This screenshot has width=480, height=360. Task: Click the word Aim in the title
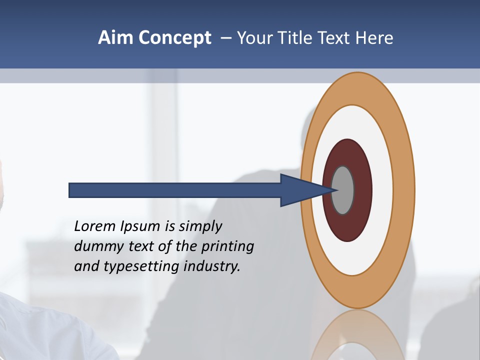tap(115, 38)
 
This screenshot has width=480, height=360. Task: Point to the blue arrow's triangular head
tap(300, 190)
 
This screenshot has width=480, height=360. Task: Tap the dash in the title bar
tap(226, 38)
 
